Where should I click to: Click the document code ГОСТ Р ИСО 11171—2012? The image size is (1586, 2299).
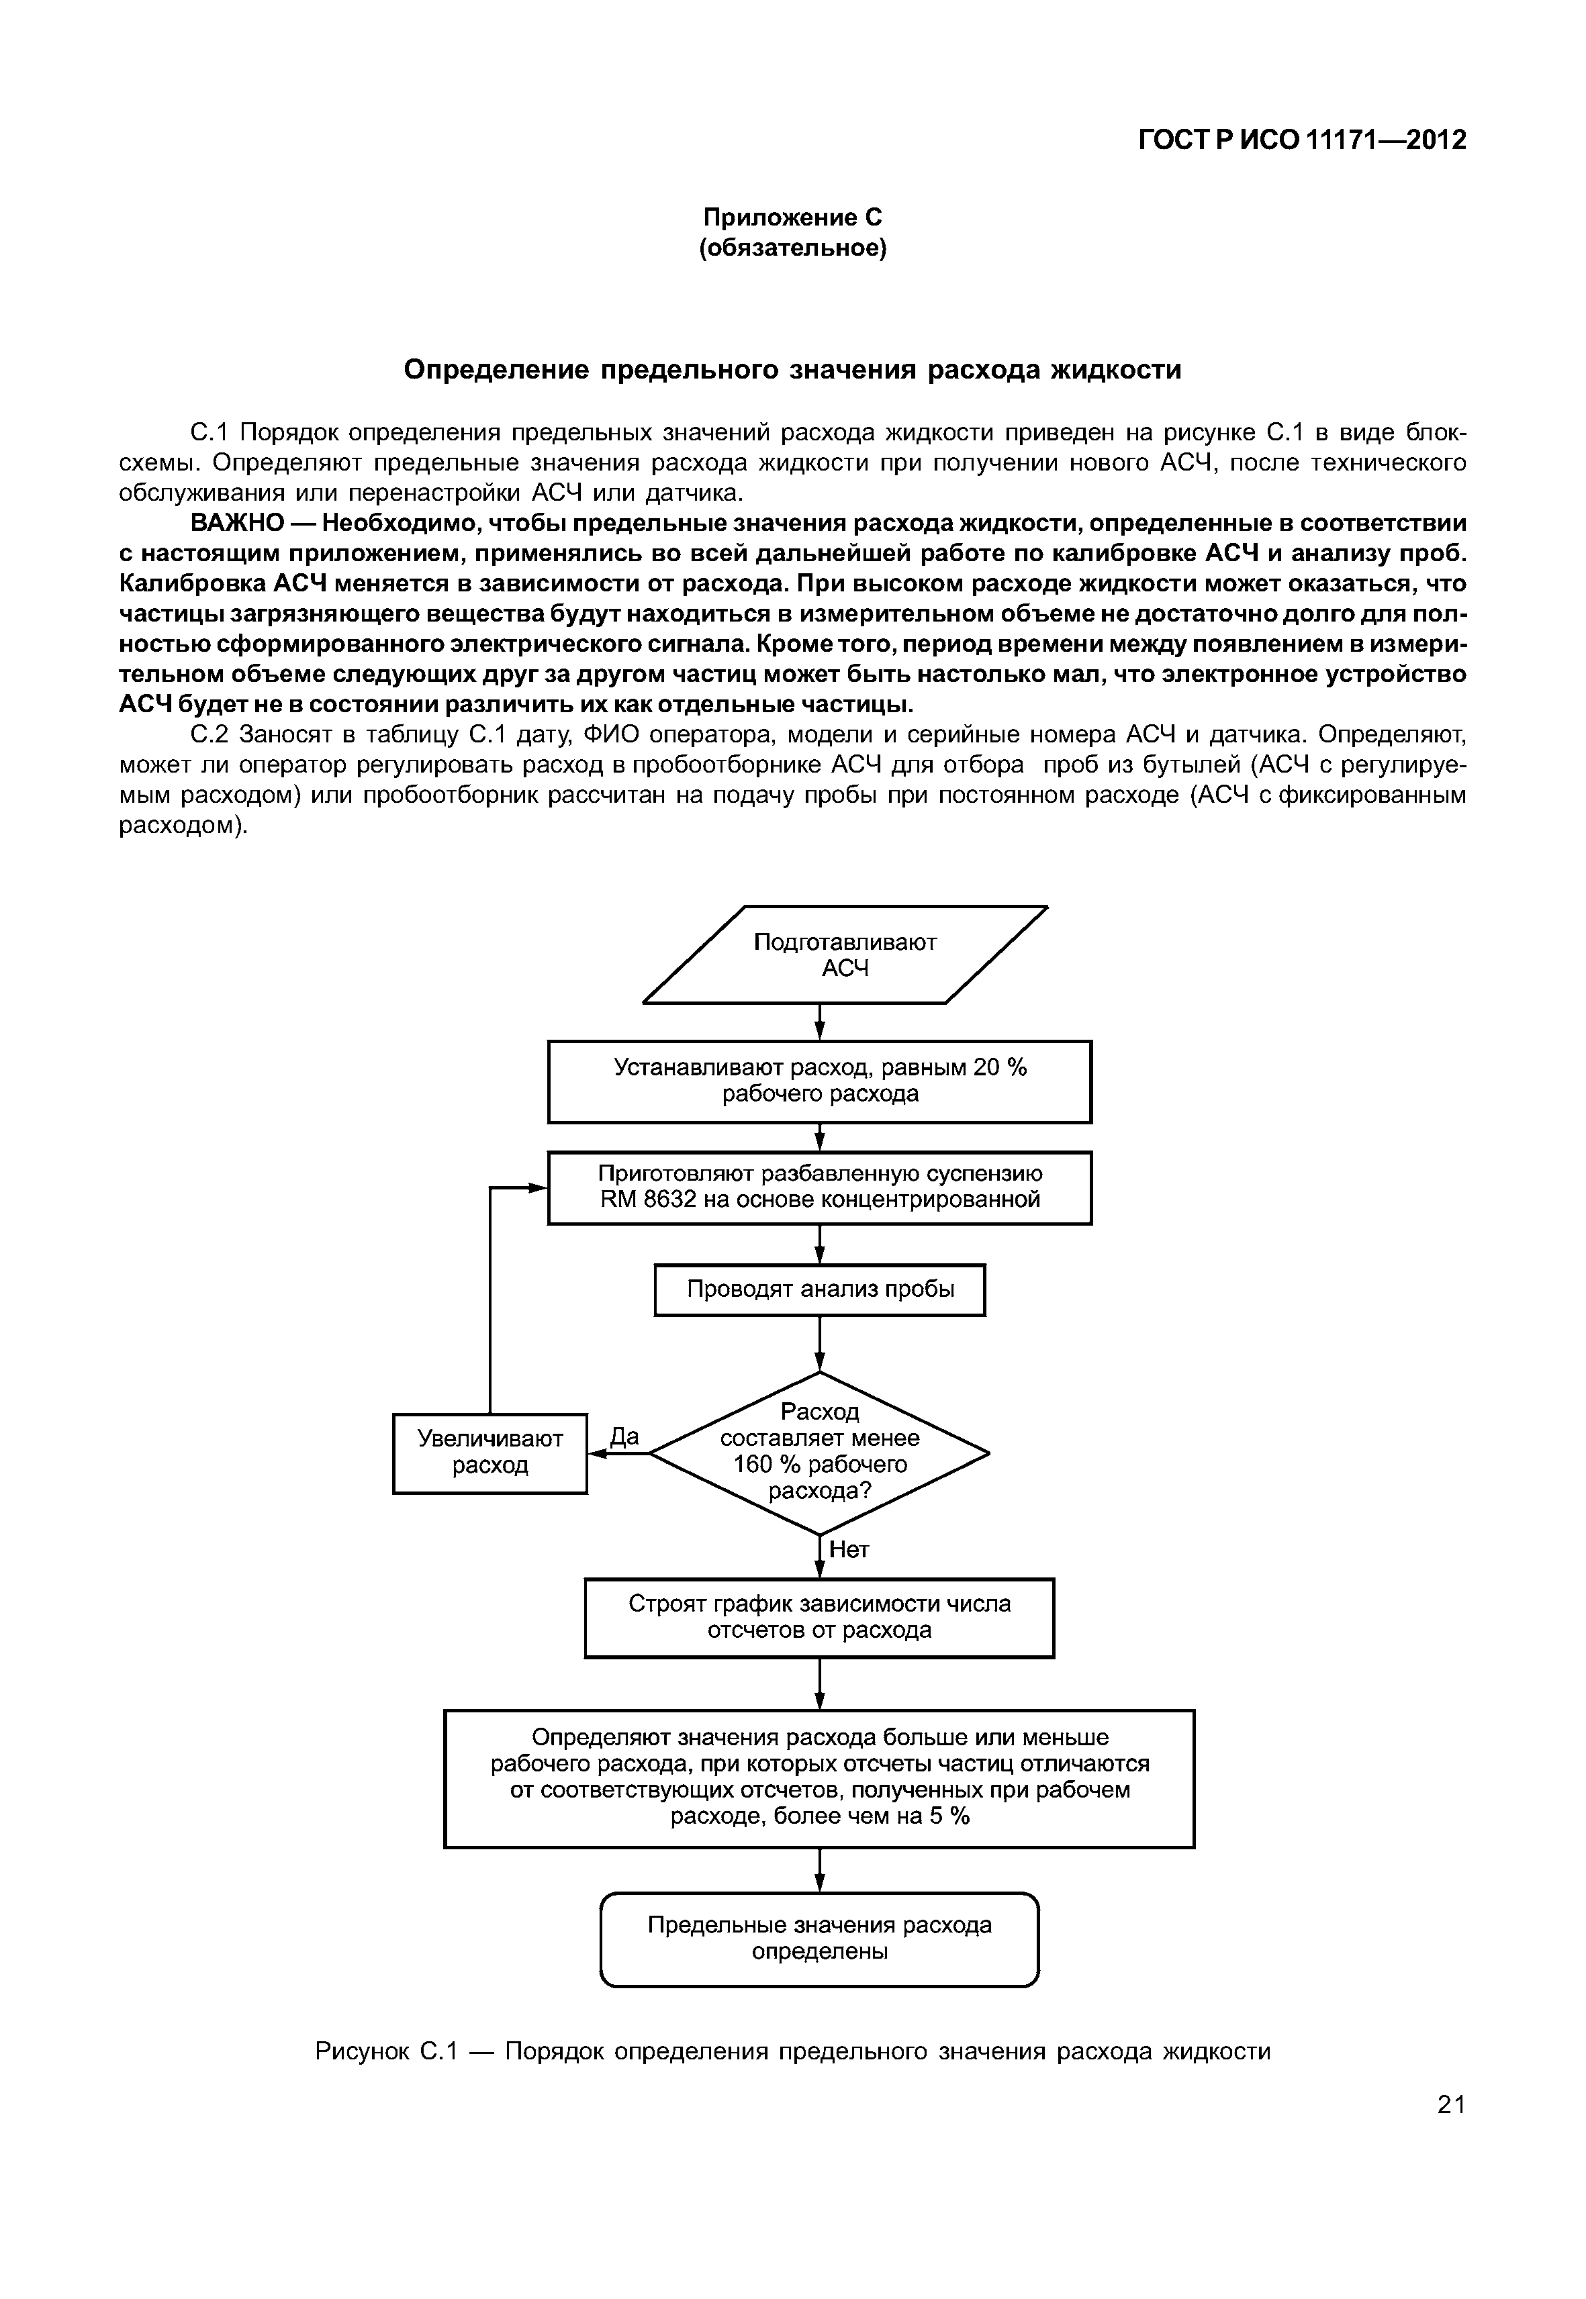pyautogui.click(x=1302, y=140)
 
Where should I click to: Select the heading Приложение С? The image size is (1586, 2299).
pyautogui.click(x=792, y=217)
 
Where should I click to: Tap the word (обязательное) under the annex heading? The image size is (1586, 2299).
pyautogui.click(x=792, y=248)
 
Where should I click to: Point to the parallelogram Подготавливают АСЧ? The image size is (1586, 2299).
pyautogui.click(x=845, y=955)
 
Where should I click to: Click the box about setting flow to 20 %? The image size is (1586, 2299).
pyautogui.click(x=820, y=1081)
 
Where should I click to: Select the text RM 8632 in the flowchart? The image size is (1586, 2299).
pyautogui.click(x=646, y=1200)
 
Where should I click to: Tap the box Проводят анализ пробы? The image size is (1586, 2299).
pyautogui.click(x=820, y=1289)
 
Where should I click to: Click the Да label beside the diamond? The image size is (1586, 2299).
pyautogui.click(x=624, y=1436)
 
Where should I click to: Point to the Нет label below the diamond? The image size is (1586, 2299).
pyautogui.click(x=849, y=1550)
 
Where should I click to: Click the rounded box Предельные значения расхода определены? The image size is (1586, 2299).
pyautogui.click(x=820, y=1939)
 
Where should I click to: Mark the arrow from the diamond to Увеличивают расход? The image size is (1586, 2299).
pyautogui.click(x=618, y=1453)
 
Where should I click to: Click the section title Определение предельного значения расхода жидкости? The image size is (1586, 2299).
pyautogui.click(x=792, y=370)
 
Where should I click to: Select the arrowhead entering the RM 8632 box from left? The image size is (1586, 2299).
pyautogui.click(x=538, y=1187)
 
